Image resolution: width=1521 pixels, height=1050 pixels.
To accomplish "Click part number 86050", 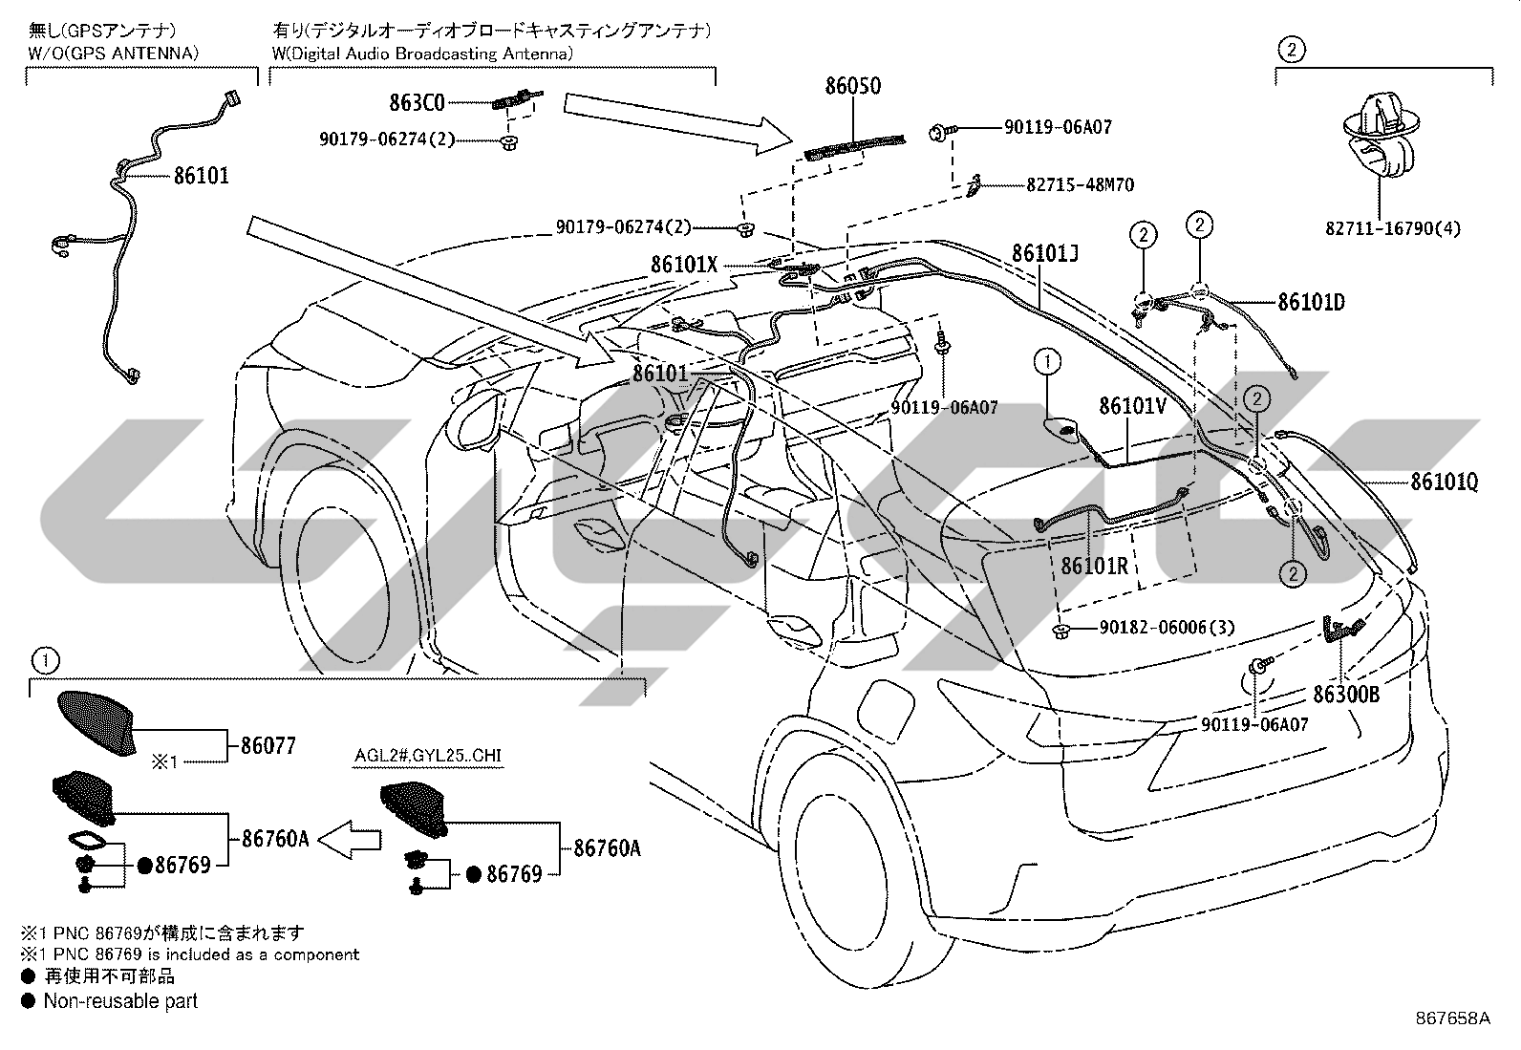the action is (853, 86).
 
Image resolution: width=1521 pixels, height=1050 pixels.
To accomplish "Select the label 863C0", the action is (417, 102).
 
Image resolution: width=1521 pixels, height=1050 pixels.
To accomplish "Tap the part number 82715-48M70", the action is (1080, 184).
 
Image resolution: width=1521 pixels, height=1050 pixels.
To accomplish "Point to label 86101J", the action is (1045, 253).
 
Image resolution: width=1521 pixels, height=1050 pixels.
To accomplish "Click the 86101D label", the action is (1311, 302).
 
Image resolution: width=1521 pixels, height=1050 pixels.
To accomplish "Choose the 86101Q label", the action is (1445, 482).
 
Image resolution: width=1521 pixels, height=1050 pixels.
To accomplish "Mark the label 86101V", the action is (1132, 406).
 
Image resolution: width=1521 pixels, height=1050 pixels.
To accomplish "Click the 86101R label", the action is (1095, 566).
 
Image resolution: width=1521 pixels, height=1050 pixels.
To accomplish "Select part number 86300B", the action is (1346, 695).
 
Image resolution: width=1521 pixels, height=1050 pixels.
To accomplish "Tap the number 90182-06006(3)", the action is (1168, 628).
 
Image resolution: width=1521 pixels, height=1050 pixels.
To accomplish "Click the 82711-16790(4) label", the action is (1393, 228).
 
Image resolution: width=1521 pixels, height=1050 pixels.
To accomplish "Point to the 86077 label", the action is (268, 746).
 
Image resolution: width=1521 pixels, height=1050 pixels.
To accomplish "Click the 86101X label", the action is (684, 265).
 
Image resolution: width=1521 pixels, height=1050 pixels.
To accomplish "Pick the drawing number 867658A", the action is (1453, 1018).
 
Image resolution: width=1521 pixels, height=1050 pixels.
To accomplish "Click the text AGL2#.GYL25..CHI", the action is (428, 755).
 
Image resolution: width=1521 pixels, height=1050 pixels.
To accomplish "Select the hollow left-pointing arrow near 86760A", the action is (349, 840).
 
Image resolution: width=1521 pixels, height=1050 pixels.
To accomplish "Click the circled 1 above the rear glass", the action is (1048, 361).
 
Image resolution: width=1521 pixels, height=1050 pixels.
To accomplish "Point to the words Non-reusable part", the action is (120, 1001).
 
